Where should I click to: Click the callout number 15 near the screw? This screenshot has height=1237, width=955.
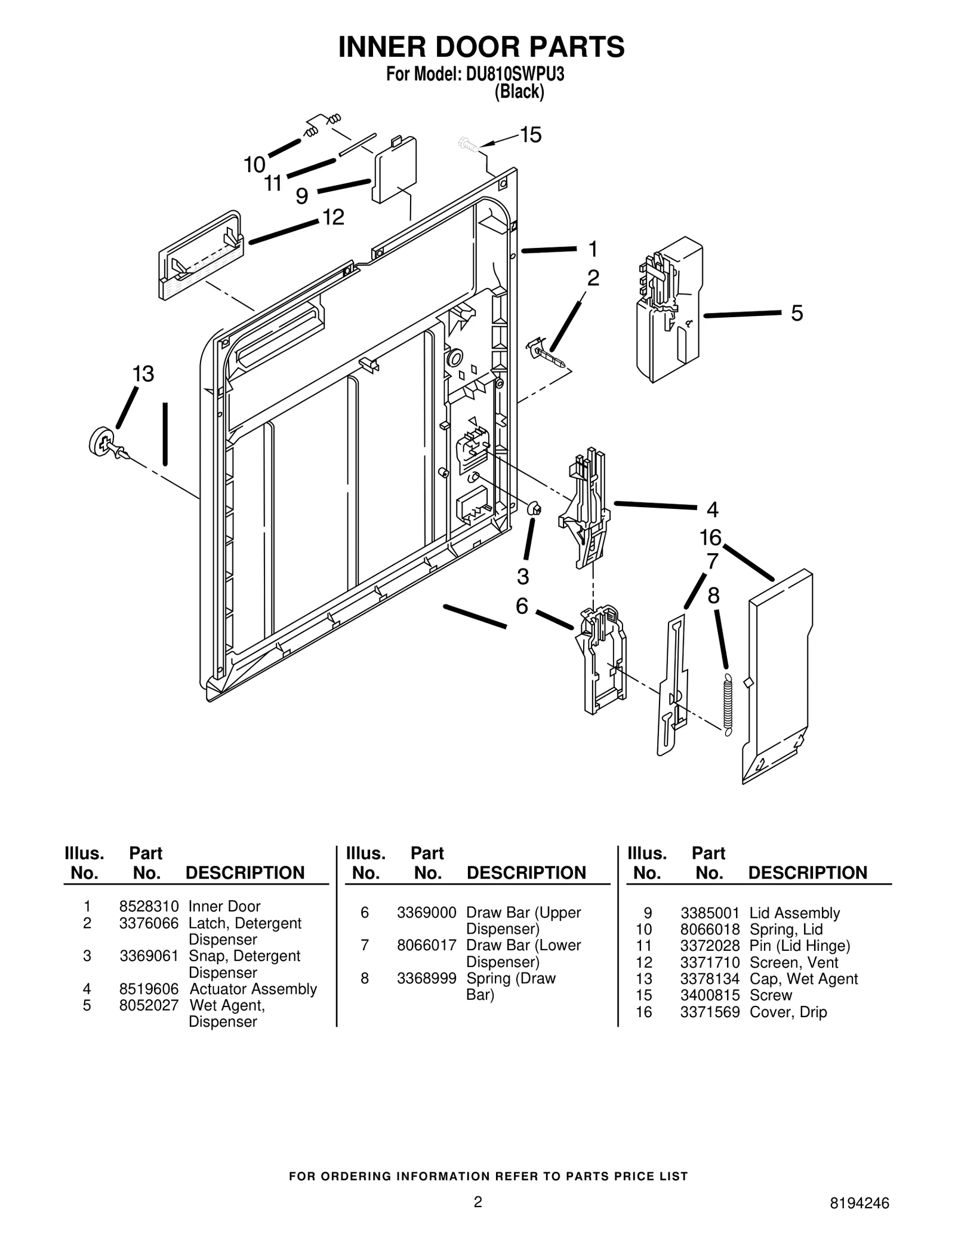tap(530, 136)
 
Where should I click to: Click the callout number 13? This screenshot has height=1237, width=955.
tap(143, 375)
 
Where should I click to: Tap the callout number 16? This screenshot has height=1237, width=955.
tap(710, 538)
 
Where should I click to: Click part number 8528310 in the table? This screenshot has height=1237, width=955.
tap(149, 907)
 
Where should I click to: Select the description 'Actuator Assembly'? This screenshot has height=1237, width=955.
tap(253, 989)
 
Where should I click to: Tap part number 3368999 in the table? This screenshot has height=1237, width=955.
tap(426, 978)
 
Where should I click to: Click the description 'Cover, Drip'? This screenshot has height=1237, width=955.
tap(788, 1012)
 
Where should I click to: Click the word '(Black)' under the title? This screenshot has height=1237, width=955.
tap(519, 92)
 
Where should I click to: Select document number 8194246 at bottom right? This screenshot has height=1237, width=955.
tap(860, 1203)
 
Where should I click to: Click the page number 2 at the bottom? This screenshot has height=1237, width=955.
tap(478, 1202)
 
